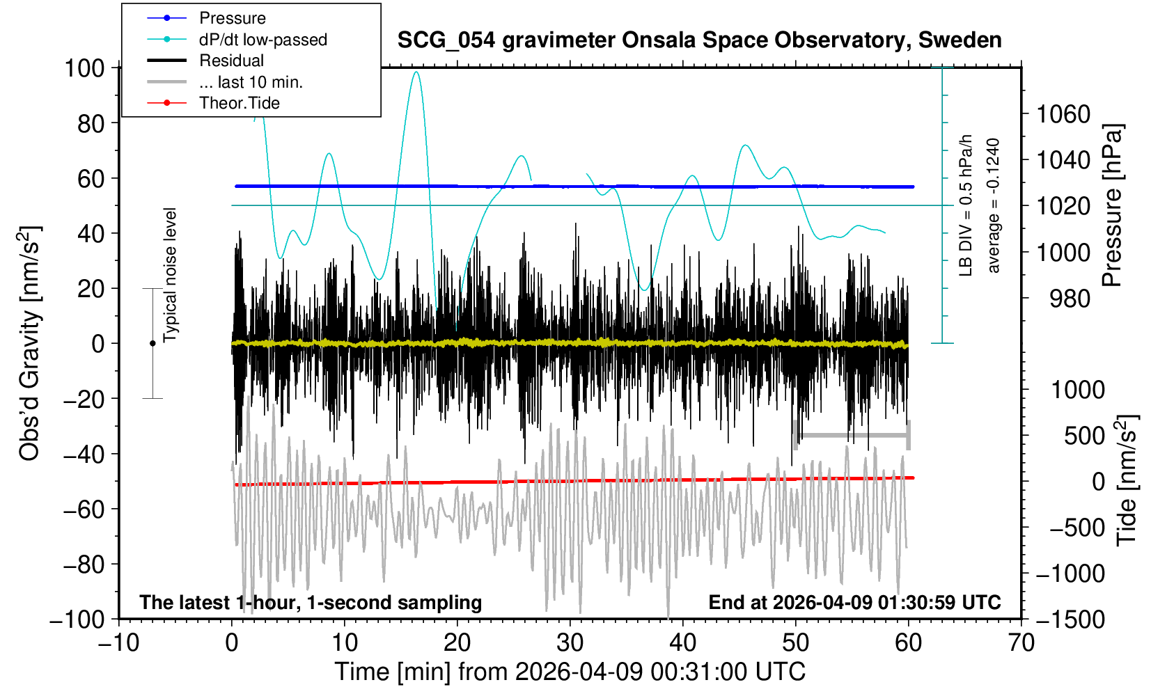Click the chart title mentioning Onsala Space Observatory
699,40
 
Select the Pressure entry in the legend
232,18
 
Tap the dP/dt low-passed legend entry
263,40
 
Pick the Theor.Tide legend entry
239,103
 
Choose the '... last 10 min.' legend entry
251,82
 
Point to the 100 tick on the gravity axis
84,68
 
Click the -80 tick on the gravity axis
83,564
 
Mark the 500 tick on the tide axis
1083,436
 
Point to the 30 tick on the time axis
570,642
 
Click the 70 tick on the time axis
1021,642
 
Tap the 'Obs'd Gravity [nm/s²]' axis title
30,343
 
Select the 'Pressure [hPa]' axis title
1113,205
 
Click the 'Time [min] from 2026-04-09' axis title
570,672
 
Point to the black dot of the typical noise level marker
152,343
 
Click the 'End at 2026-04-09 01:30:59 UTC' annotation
854,602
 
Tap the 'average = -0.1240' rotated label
994,205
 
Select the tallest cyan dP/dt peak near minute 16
416,72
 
